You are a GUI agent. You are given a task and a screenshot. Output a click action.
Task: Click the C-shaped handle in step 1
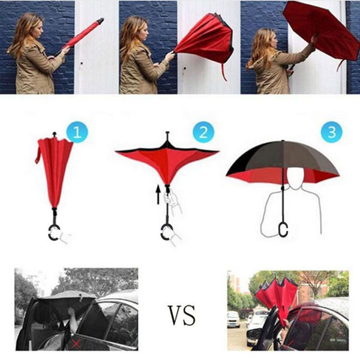pyautogui.click(x=55, y=232)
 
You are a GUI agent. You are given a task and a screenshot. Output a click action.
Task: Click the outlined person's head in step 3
pyautogui.click(x=294, y=176)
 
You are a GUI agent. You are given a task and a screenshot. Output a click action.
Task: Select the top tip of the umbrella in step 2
pyautogui.click(x=167, y=134)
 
